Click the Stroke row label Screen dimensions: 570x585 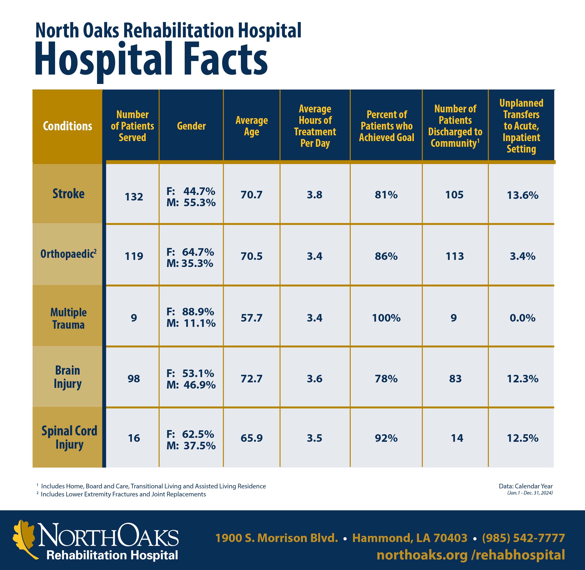tap(68, 194)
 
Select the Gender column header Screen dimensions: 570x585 tap(191, 126)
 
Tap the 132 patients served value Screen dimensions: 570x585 tap(134, 197)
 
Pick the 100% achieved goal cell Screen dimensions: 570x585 tap(386, 318)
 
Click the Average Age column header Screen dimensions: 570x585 tap(251, 126)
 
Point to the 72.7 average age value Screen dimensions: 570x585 tap(251, 379)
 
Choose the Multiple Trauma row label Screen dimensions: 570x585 tap(68, 318)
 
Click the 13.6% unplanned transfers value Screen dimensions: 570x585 tap(522, 195)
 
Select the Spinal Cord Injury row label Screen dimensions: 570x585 tap(69, 437)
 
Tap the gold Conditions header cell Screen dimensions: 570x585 tap(68, 126)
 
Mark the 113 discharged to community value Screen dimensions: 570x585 tap(455, 256)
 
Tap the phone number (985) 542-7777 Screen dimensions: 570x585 tap(523, 538)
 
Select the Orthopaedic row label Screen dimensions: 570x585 tap(68, 254)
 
